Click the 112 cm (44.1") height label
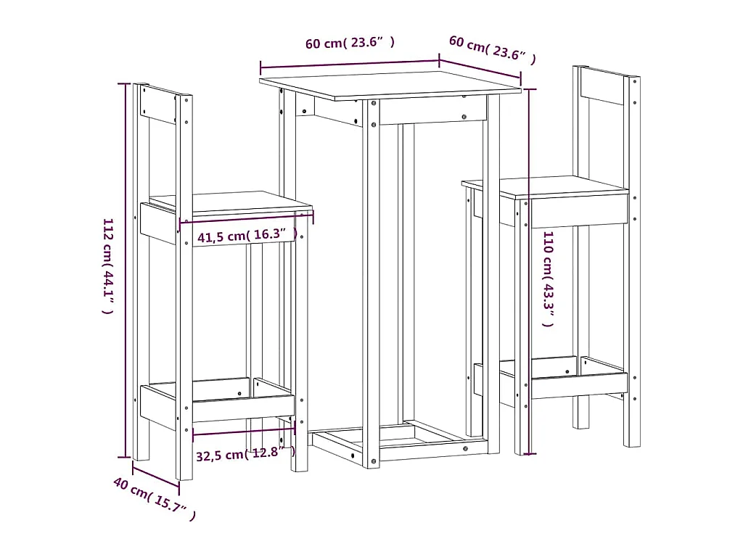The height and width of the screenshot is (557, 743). pos(109,266)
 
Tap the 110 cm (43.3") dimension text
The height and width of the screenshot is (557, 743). pos(549,279)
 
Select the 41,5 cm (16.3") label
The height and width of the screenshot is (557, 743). pos(247,235)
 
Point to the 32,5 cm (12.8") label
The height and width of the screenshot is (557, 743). pos(245,454)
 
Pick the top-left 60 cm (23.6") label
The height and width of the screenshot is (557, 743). pos(350,43)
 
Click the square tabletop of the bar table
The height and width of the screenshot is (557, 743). pos(390,86)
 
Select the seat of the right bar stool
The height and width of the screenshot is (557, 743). pos(545,187)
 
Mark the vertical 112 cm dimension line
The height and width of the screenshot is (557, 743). pos(126,271)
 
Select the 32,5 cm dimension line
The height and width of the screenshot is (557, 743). pos(244,431)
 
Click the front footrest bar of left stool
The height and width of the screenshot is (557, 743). pos(243,408)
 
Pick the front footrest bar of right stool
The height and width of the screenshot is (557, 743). pos(580,386)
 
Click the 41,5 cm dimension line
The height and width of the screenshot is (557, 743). pos(247,219)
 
